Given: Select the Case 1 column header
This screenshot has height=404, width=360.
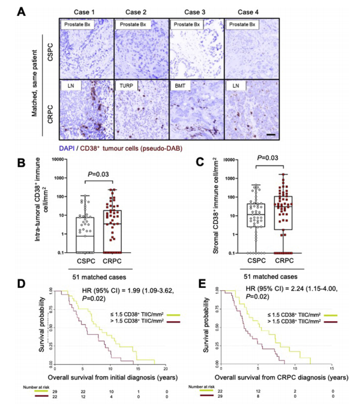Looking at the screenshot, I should point(83,11).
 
